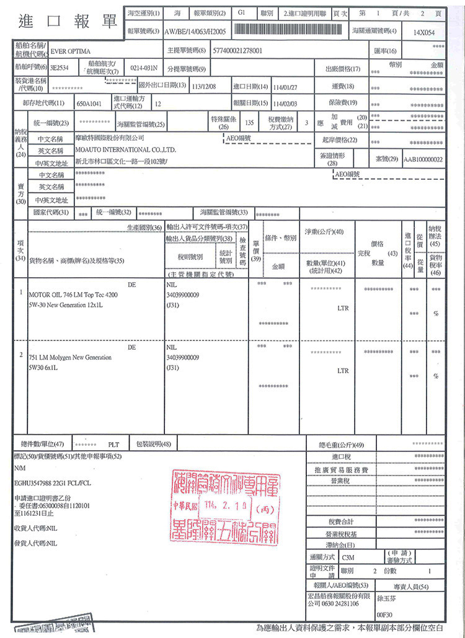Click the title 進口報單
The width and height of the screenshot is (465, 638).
click(68, 20)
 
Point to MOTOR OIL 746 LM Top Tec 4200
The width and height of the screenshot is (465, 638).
click(73, 295)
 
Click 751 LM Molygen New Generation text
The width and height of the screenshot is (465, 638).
click(69, 357)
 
